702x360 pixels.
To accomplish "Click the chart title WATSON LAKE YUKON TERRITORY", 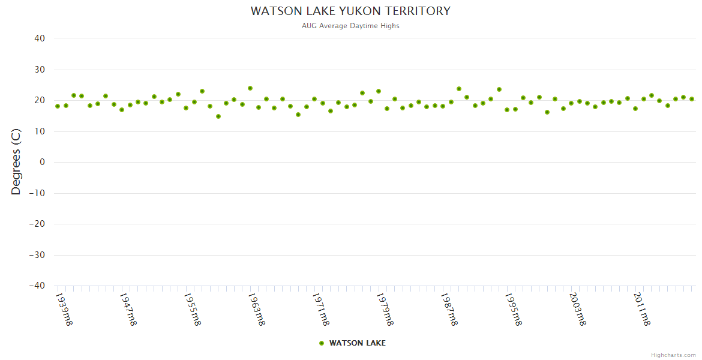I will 350,11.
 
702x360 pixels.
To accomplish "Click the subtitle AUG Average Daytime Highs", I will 350,26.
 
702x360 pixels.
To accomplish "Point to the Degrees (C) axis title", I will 16,161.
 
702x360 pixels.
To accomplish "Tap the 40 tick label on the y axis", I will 39,38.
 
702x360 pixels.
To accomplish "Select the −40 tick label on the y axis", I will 37,286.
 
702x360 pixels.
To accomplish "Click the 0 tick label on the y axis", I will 42,162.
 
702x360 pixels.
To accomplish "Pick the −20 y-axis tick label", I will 37,224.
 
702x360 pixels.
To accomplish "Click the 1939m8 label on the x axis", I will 64,309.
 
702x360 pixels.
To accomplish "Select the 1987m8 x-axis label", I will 449,309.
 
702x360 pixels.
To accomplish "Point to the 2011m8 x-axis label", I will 642,309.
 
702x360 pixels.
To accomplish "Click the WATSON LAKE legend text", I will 358,343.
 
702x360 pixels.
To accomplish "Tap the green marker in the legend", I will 322,343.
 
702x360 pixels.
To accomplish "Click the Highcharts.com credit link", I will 673,355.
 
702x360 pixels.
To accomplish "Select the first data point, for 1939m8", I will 58,106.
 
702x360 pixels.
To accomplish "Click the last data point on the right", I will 692,99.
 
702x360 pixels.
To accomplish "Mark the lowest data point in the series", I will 218,116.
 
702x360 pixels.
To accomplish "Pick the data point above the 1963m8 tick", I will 250,88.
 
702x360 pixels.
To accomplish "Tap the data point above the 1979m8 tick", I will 379,91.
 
